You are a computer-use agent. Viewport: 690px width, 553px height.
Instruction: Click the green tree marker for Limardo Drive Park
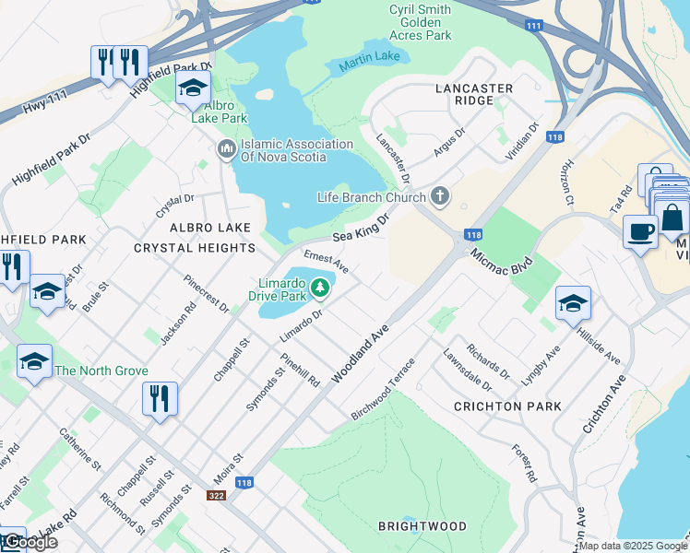tap(320, 288)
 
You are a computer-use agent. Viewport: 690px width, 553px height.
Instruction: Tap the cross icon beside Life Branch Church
tap(440, 196)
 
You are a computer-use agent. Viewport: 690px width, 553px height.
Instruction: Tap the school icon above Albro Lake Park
tap(193, 88)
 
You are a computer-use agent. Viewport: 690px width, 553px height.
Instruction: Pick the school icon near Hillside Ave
tap(573, 302)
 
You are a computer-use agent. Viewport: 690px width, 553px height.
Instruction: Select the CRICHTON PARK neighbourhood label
tap(507, 406)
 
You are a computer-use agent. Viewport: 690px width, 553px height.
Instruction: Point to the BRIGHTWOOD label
tap(422, 526)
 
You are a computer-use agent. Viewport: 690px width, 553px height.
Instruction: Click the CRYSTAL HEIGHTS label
tap(195, 248)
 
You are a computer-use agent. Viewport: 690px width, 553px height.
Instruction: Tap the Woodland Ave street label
tap(363, 353)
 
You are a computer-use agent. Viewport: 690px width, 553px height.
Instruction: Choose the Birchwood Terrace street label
tap(383, 390)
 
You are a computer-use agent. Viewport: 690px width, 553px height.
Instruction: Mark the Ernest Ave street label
tap(326, 261)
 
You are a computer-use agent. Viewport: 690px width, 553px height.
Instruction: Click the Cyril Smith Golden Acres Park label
tap(421, 21)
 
